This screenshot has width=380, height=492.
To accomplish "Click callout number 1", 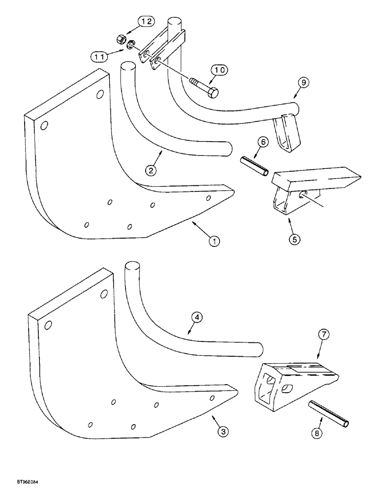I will pos(214,241).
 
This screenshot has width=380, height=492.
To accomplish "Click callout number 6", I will pos(263,142).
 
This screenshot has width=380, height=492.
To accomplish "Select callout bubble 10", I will pos(220,71).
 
